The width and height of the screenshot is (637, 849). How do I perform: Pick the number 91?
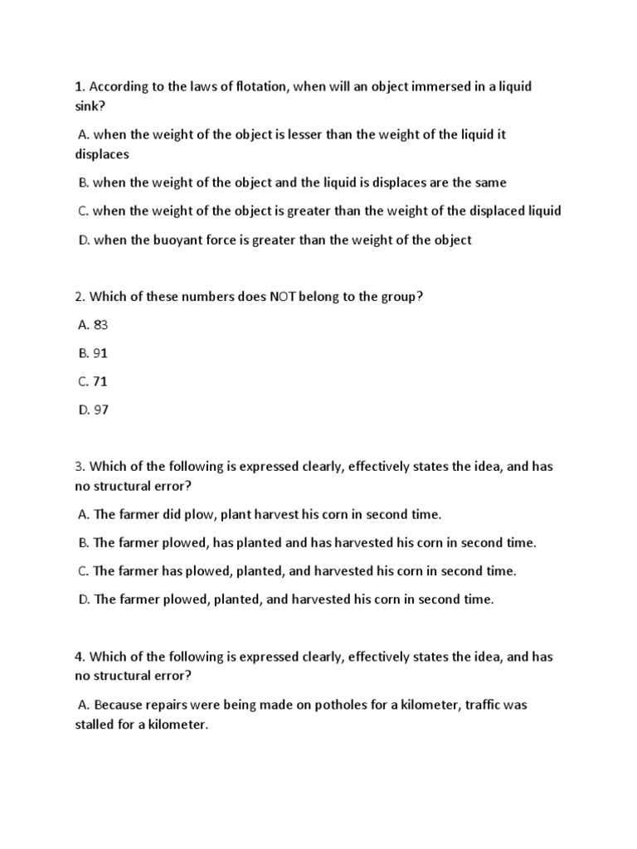click(100, 352)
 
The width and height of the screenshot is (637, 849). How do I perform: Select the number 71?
click(100, 381)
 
